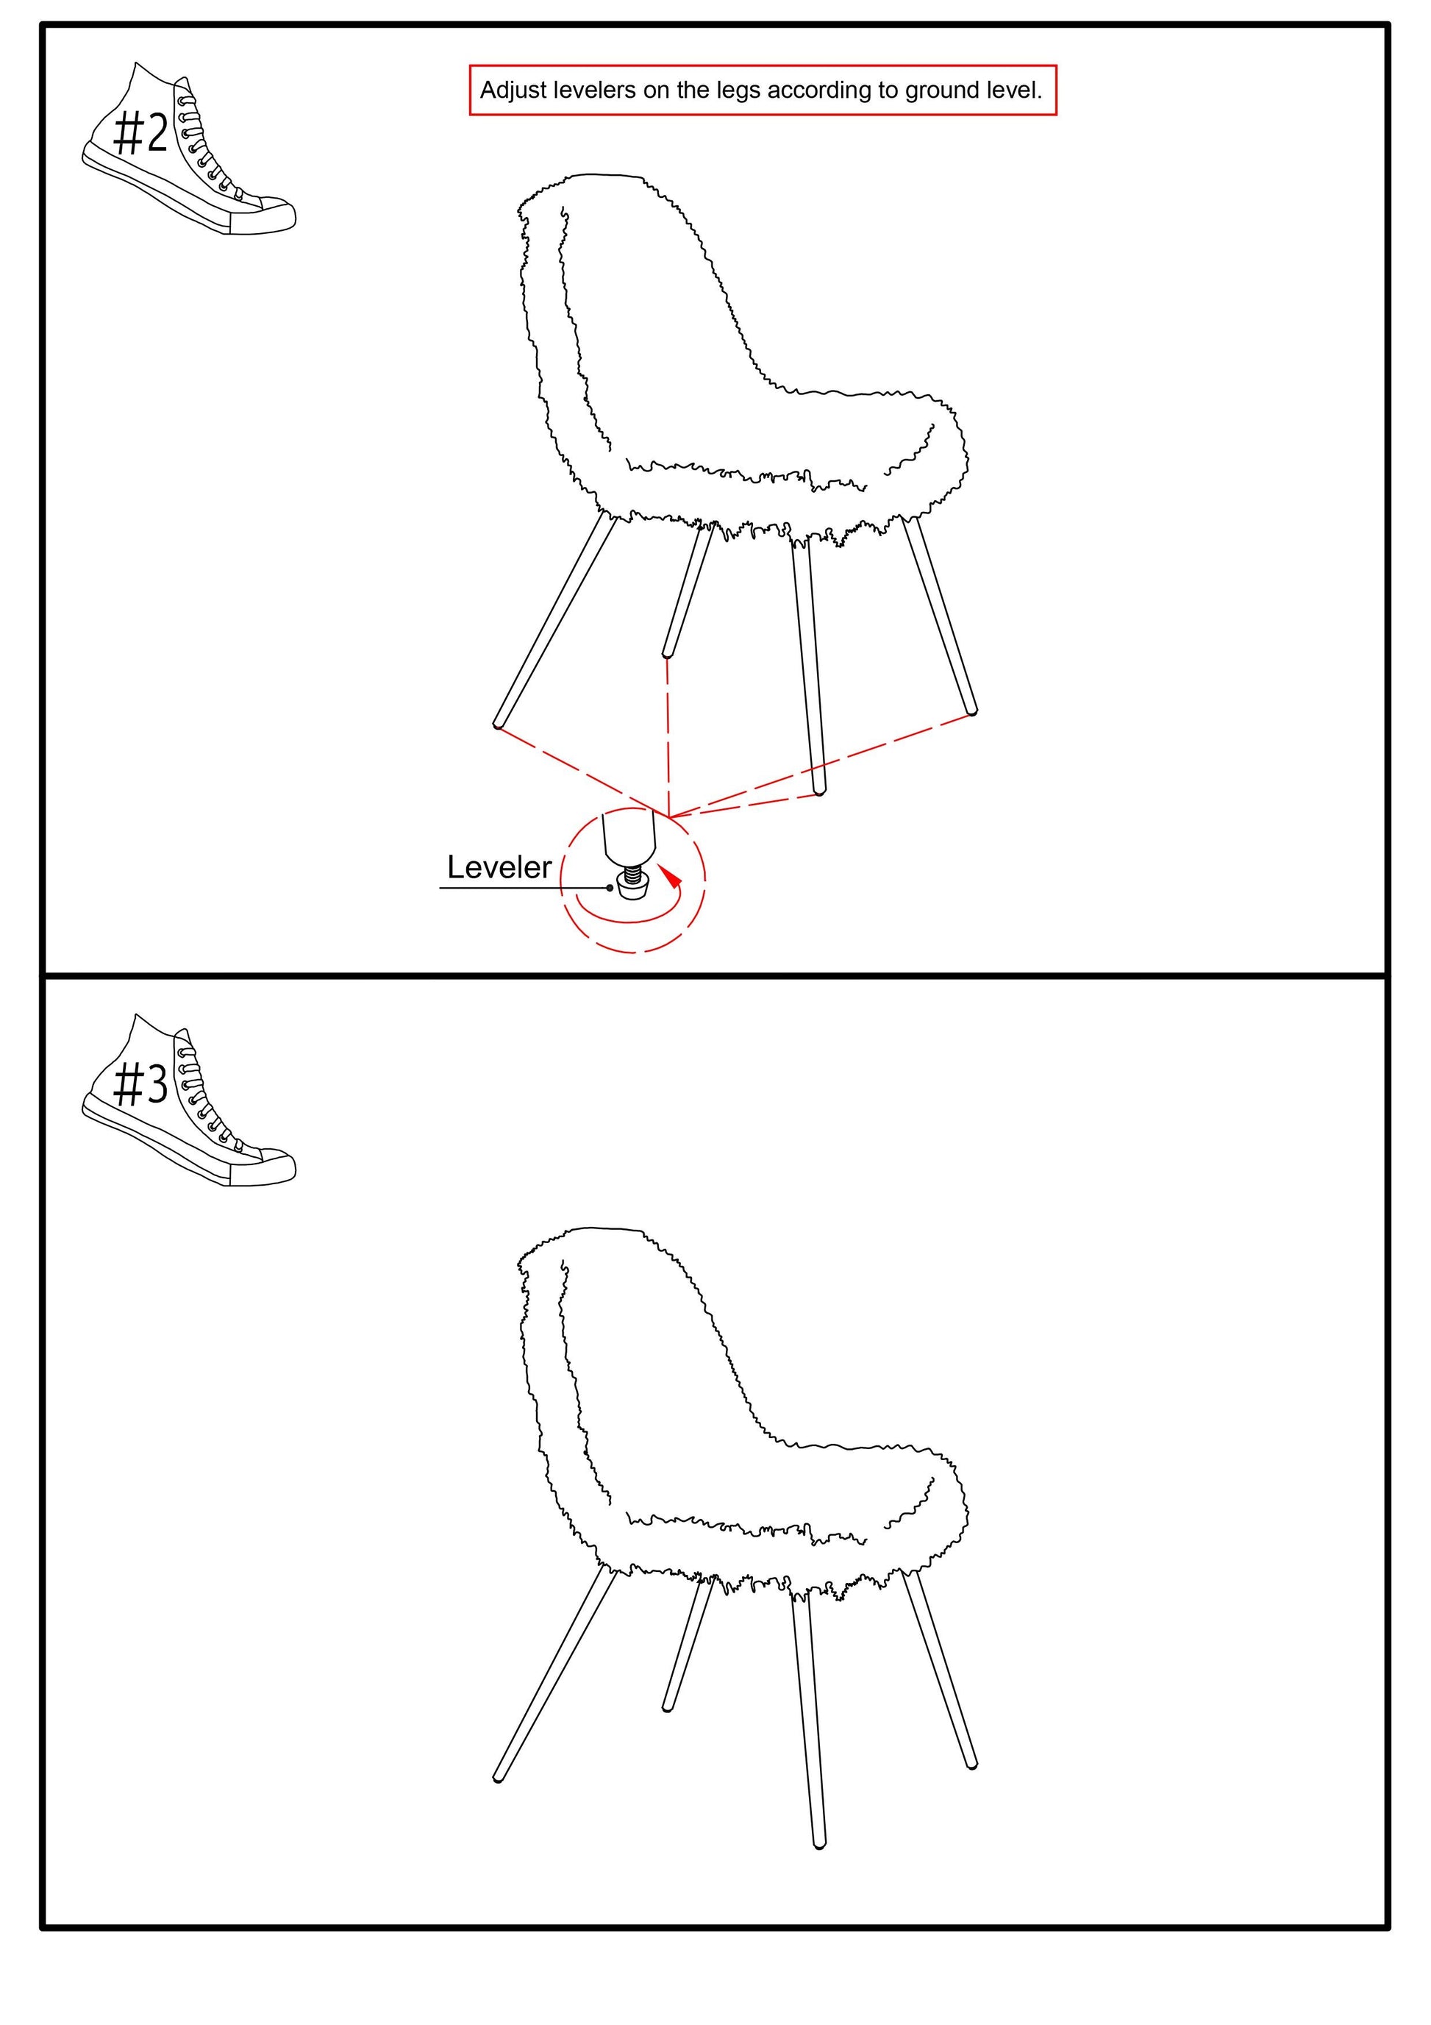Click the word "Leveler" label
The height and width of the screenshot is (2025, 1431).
[499, 867]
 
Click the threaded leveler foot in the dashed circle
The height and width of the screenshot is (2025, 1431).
[631, 883]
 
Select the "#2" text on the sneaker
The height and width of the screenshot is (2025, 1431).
[141, 134]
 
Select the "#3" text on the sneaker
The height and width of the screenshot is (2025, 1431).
[141, 1084]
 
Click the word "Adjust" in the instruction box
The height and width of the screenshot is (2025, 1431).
[513, 90]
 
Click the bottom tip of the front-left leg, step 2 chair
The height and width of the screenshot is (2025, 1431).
[498, 725]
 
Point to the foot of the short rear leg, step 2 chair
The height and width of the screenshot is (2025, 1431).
[668, 653]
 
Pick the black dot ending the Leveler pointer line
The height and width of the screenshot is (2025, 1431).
[610, 888]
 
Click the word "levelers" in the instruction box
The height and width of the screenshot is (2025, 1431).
[596, 90]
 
